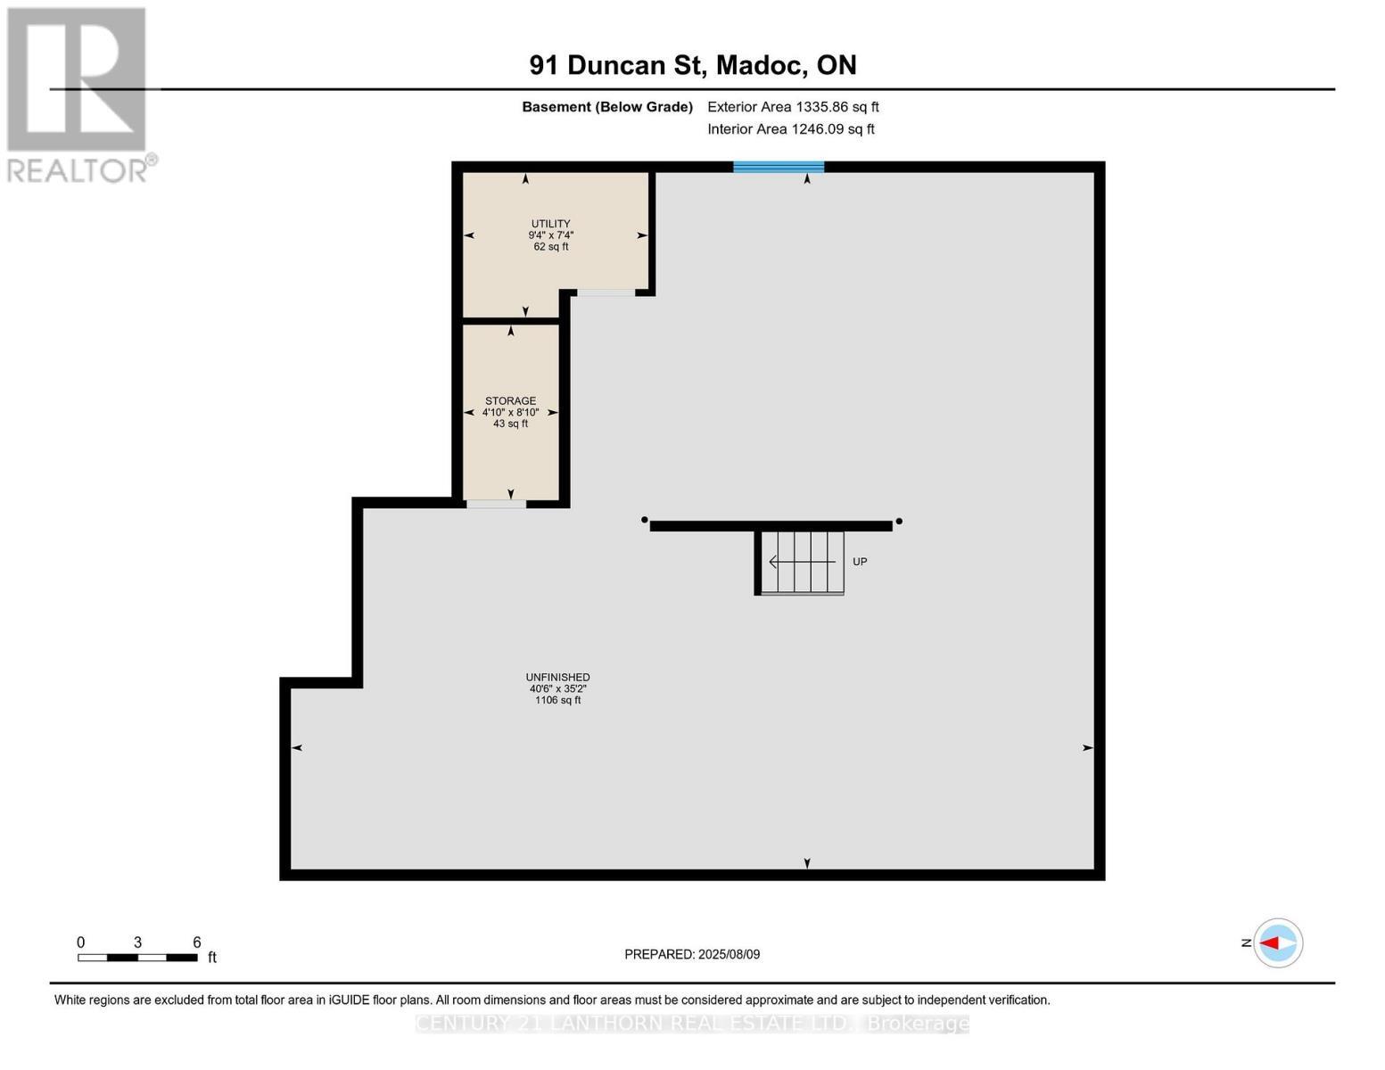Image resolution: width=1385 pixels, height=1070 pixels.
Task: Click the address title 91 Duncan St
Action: pos(692,65)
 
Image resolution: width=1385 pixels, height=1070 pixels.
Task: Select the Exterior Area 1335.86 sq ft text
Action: pos(793,107)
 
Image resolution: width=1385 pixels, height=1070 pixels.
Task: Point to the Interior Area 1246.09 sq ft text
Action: pos(790,129)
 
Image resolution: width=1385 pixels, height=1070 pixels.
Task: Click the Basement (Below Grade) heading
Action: pos(606,107)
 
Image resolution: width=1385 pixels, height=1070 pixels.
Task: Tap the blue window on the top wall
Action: pos(779,167)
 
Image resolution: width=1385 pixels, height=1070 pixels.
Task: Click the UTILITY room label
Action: pos(550,224)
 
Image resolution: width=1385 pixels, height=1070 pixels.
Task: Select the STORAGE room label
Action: pos(510,401)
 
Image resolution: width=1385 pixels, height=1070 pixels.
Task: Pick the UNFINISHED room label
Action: pos(557,678)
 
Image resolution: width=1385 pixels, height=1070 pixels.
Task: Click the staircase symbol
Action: pos(801,562)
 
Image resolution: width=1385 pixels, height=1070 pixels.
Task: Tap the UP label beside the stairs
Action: pos(860,562)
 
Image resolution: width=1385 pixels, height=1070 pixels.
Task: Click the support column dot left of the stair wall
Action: pos(644,520)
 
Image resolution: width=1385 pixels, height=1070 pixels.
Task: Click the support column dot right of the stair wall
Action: pos(899,521)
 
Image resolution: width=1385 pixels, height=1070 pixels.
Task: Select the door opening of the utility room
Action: pos(606,292)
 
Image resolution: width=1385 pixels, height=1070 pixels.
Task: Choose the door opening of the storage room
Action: pos(496,504)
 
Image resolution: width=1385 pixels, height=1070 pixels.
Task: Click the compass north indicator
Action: pos(1277,942)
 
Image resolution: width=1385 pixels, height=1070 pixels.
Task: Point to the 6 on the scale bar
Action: pos(197,942)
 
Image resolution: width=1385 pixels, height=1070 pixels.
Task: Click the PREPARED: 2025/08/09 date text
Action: pos(692,954)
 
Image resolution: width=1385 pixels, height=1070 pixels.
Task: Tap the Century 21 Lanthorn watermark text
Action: pos(692,1024)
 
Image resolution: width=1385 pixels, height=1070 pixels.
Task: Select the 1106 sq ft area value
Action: pos(557,701)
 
